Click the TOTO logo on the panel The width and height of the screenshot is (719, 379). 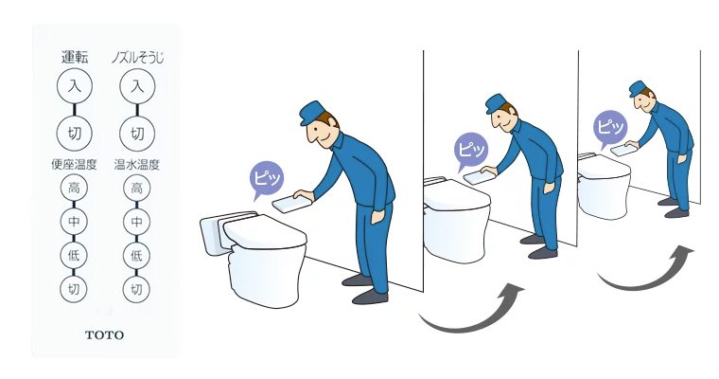(x=105, y=334)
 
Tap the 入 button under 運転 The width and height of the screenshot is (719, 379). (x=75, y=86)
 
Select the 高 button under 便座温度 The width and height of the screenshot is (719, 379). (x=74, y=188)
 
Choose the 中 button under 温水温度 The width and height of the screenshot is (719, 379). (x=136, y=222)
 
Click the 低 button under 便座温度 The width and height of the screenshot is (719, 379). (x=74, y=256)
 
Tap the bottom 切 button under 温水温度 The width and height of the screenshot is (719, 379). (x=136, y=289)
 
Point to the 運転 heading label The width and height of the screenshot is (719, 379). (x=75, y=57)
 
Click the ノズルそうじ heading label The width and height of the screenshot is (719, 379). (x=137, y=58)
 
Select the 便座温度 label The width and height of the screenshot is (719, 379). (x=74, y=164)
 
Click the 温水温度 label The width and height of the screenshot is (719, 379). (x=136, y=164)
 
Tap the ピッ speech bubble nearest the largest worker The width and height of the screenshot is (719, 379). (x=266, y=179)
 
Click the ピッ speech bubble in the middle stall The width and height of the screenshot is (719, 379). (x=470, y=150)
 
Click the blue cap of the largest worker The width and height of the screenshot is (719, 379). (x=314, y=112)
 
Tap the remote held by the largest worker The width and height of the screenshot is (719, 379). (x=290, y=203)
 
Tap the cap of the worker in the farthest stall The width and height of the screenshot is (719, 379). (x=639, y=88)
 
